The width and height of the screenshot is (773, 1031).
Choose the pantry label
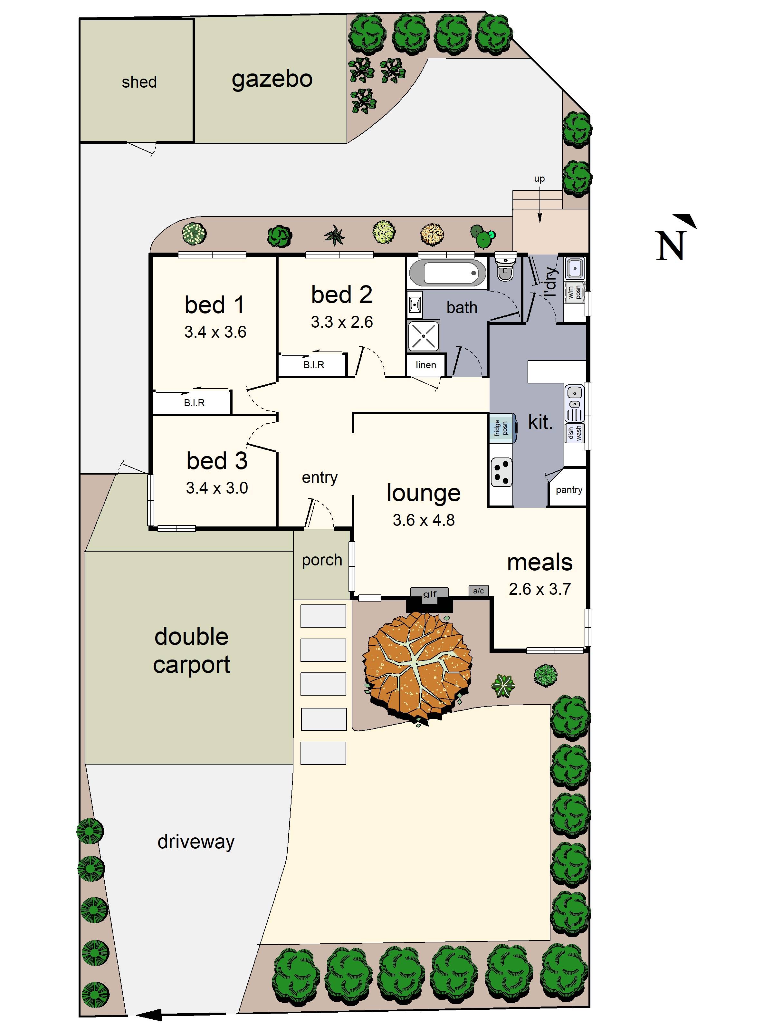tap(569, 490)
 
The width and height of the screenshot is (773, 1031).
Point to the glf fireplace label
tap(430, 594)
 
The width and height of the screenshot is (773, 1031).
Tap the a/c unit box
tap(479, 591)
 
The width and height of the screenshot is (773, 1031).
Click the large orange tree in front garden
tap(417, 667)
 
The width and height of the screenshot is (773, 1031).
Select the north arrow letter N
tap(670, 246)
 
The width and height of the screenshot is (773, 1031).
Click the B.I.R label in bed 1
tap(194, 403)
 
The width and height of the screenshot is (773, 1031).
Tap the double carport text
tap(192, 651)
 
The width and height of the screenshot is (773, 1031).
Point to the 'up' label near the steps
tap(539, 179)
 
